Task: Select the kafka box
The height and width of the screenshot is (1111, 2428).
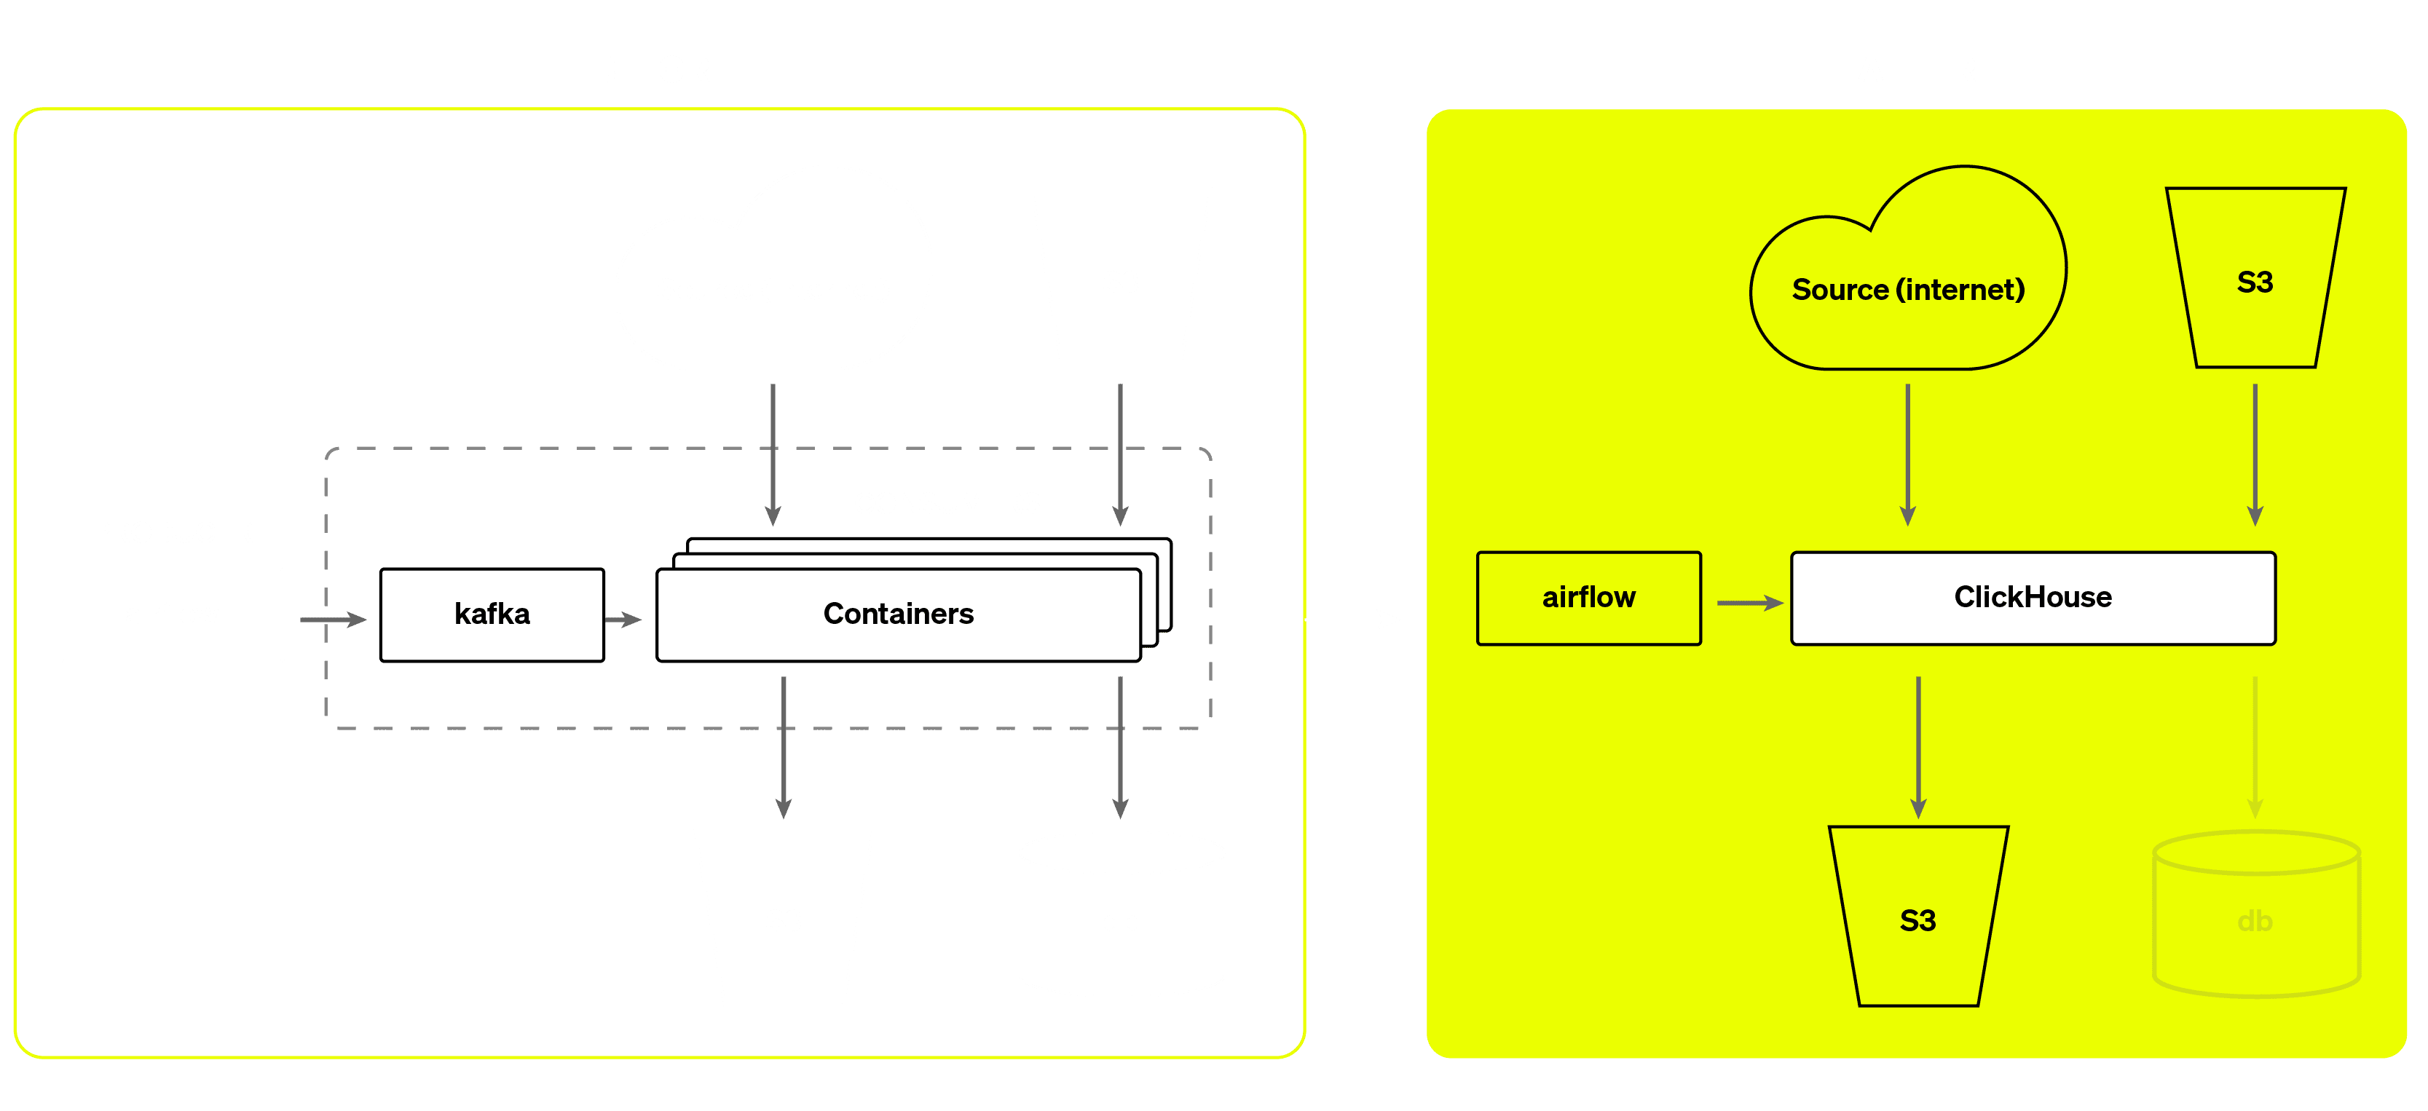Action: tap(492, 614)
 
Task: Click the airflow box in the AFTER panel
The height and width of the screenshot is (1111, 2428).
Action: tap(1588, 598)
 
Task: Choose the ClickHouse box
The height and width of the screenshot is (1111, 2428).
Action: tap(2033, 598)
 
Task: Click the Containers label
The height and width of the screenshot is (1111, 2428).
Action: tap(898, 614)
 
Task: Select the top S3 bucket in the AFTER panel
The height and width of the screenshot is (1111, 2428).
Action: tap(2255, 281)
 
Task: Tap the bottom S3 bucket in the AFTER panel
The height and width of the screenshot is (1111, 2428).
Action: tap(1917, 919)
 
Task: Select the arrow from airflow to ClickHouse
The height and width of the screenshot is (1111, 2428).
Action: tap(1749, 602)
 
